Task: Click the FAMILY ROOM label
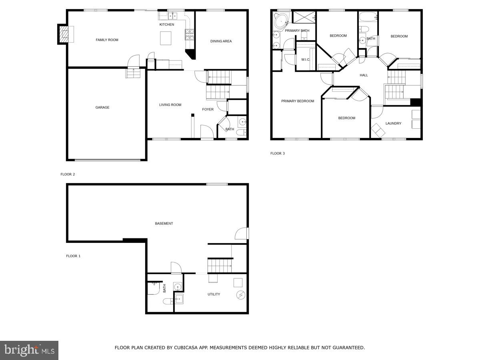(107, 40)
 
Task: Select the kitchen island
(166, 38)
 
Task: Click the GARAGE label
(102, 108)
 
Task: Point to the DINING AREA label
(221, 41)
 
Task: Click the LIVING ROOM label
(170, 105)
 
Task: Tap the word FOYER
(208, 110)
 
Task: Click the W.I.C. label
(306, 60)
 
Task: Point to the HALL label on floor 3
(364, 75)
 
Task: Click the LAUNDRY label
(393, 124)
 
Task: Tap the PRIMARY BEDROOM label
(298, 101)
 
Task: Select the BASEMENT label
(164, 224)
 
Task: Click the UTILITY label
(214, 294)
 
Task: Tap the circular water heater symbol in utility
(240, 295)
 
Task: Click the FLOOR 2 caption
(68, 174)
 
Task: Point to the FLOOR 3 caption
(277, 154)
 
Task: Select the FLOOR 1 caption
(73, 256)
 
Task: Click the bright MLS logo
(29, 350)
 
